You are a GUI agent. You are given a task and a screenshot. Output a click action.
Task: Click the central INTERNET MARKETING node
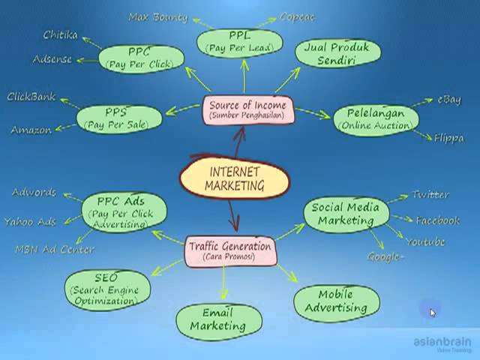coord(233,178)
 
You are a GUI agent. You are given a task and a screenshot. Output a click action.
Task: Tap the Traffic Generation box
coord(229,250)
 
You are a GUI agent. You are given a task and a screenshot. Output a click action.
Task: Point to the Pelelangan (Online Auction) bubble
coord(375,118)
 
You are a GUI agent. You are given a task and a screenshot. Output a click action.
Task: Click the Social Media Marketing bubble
coord(345,214)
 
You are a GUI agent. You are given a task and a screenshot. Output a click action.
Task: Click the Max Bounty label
coord(157,16)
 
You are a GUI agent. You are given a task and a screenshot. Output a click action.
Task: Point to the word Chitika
coord(60,35)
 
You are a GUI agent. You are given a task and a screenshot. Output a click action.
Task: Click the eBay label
coord(451,100)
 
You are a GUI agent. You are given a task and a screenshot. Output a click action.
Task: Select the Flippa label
coord(448,138)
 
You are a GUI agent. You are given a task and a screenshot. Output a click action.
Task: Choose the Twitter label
coord(430,195)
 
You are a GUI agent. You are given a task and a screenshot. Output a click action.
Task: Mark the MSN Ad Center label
coord(55,249)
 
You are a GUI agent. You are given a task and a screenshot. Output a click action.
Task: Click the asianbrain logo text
coord(441,343)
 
